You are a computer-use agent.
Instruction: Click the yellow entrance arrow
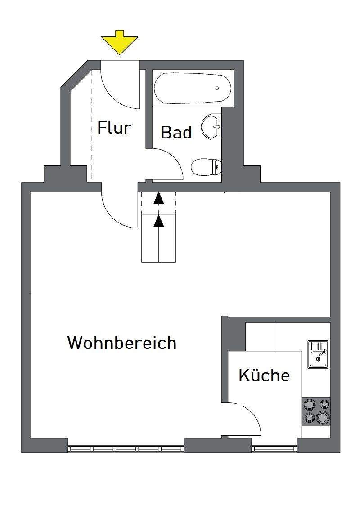[119, 42]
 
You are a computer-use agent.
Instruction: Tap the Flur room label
[114, 128]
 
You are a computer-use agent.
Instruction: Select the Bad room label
[176, 133]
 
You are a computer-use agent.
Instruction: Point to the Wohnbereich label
[122, 343]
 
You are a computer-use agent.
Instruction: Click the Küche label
[264, 375]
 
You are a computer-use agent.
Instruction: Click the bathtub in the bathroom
[193, 88]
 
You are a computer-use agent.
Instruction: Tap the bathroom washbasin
[211, 127]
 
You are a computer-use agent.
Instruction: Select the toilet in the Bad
[206, 168]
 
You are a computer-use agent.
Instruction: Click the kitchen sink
[318, 354]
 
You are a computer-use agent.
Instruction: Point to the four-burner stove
[316, 411]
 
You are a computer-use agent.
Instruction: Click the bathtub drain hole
[217, 88]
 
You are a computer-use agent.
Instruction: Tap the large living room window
[126, 449]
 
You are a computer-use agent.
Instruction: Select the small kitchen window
[274, 449]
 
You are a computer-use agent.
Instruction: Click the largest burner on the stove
[322, 417]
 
